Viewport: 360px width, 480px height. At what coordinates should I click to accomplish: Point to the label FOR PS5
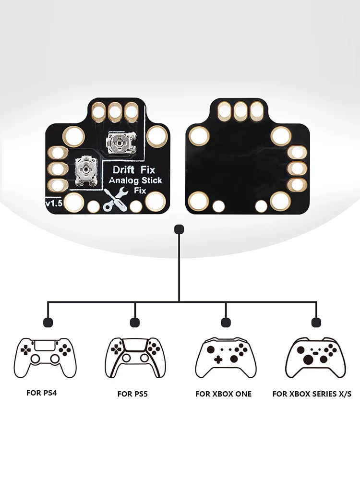(132, 394)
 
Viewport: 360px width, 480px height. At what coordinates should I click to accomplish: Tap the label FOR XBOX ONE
(223, 394)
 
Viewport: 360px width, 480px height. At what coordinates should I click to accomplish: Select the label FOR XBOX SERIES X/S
(312, 394)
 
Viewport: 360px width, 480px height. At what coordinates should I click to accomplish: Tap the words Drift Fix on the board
(133, 170)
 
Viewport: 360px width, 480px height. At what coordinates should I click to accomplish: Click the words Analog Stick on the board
(135, 180)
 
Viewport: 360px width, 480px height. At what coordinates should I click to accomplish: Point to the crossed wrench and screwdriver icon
(116, 201)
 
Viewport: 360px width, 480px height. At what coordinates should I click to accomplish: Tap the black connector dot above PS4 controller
(48, 322)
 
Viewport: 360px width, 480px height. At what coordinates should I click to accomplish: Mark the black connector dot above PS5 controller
(135, 322)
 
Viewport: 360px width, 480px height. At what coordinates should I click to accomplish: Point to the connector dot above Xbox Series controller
(315, 322)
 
